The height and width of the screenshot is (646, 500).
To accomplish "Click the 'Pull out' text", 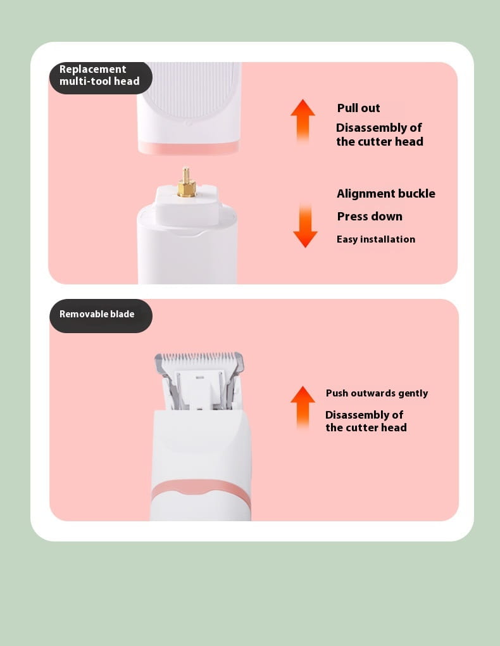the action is pyautogui.click(x=358, y=108).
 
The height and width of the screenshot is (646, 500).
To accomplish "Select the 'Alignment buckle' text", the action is pyautogui.click(x=386, y=194).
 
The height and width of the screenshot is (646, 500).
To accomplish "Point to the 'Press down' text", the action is pyautogui.click(x=370, y=217).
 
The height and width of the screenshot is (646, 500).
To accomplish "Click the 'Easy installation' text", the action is pyautogui.click(x=375, y=239).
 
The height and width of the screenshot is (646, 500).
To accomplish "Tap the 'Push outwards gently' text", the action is pyautogui.click(x=377, y=393).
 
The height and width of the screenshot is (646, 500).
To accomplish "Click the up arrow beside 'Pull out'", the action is pyautogui.click(x=303, y=121).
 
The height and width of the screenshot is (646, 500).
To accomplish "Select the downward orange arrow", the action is pyautogui.click(x=305, y=225).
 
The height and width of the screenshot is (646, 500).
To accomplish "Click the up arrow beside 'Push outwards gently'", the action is pyautogui.click(x=303, y=407).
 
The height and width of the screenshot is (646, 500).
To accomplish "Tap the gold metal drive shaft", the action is pyautogui.click(x=186, y=182).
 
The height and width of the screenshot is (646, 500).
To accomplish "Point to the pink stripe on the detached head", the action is pyautogui.click(x=188, y=147).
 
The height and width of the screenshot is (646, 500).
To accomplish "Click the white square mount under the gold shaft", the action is pyautogui.click(x=186, y=205).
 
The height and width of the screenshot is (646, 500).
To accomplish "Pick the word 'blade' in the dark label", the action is pyautogui.click(x=122, y=314).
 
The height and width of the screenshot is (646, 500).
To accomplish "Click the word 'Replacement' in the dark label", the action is pyautogui.click(x=92, y=69).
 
